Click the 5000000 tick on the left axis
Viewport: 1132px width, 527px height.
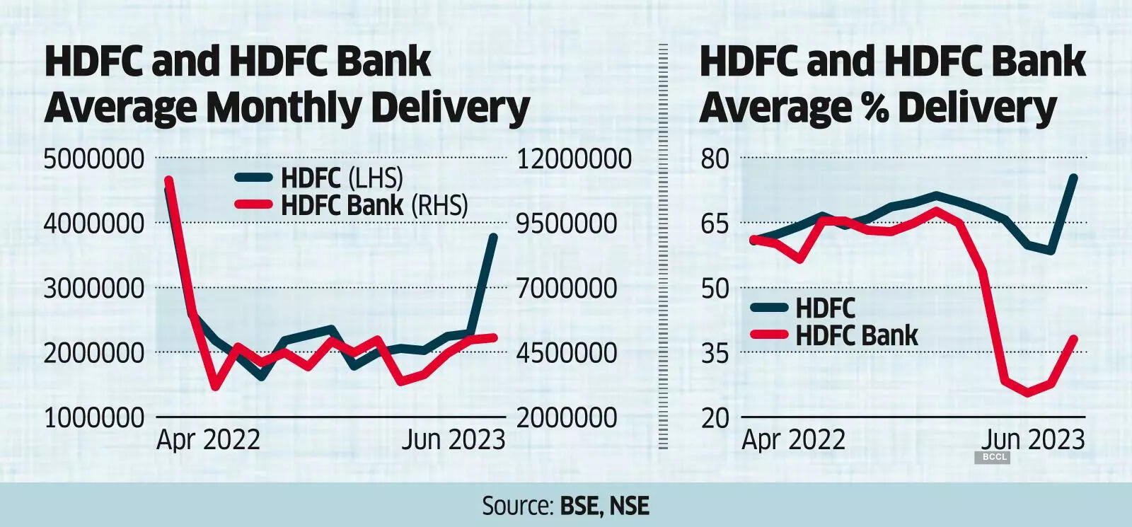point(93,159)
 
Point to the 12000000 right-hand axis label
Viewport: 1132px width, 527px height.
point(574,159)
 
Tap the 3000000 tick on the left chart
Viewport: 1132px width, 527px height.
point(93,289)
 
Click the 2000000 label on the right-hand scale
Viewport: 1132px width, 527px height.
point(567,418)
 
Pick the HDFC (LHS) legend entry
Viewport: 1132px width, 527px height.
point(342,178)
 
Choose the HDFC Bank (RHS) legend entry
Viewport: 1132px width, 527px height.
point(374,205)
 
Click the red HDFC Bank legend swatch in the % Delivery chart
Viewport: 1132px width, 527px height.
point(768,335)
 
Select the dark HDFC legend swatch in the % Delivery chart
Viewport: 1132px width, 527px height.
point(768,307)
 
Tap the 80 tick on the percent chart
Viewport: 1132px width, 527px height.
point(715,159)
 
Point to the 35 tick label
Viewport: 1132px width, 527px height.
point(715,353)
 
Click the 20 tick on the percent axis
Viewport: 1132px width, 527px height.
point(715,418)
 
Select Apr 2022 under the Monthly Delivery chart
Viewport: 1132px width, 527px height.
point(208,440)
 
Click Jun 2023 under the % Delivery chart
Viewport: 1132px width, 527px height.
point(1033,440)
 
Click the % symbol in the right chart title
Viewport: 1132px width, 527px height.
point(874,108)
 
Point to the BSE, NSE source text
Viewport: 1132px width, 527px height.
point(604,506)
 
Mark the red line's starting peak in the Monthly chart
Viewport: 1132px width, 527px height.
point(169,180)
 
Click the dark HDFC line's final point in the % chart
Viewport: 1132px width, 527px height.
point(1074,178)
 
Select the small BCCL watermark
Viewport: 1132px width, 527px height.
point(994,458)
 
